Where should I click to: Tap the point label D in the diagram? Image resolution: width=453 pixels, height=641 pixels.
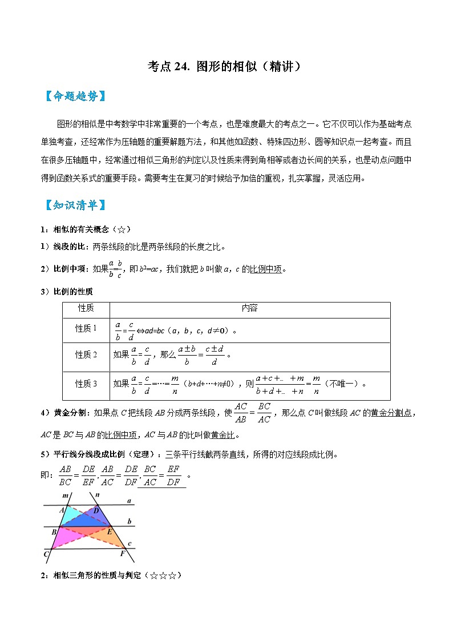coord(96,510)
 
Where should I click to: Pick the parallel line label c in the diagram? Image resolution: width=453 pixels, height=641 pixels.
coord(130,543)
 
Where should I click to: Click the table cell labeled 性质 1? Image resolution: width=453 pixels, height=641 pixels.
coord(86,329)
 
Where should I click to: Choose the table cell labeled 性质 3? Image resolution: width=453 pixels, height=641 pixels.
coord(86,384)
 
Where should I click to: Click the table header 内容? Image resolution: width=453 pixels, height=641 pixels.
coord(249,308)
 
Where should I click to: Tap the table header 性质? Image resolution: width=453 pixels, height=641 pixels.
coord(86,308)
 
